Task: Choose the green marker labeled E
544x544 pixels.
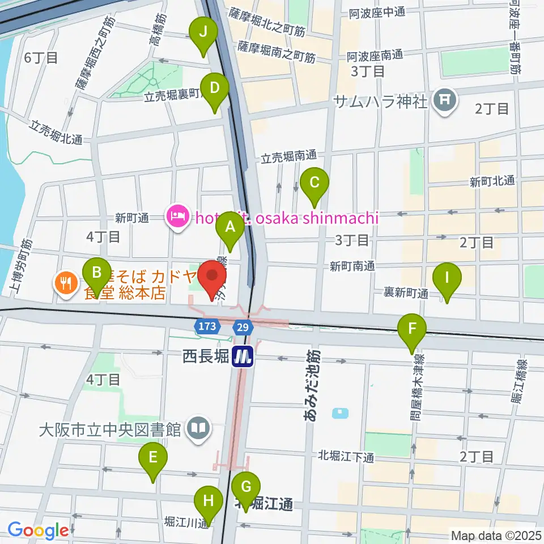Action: [x=152, y=457]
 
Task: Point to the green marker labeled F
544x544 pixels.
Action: [x=412, y=329]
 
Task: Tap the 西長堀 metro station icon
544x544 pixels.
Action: [x=244, y=356]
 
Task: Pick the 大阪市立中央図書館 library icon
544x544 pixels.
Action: [x=199, y=428]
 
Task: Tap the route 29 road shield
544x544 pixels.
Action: [x=243, y=326]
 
